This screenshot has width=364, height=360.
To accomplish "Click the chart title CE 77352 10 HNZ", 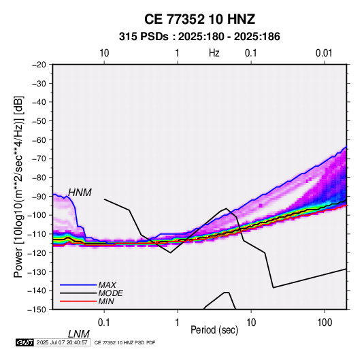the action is coord(199,19).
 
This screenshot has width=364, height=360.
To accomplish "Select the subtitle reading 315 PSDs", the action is coord(144,37).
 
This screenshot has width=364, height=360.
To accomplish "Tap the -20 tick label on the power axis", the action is coord(39,65).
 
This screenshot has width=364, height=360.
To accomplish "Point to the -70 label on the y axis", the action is coord(39,159).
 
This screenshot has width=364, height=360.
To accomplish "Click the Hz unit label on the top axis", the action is coord(214,53).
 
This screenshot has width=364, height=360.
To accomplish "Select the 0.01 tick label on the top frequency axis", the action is coord(324,53).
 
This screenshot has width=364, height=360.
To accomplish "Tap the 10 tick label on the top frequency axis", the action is coord(104,53).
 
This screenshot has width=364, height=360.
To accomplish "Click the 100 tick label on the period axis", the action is coord(325,323).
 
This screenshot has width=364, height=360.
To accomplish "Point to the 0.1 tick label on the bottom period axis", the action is coord(104,323).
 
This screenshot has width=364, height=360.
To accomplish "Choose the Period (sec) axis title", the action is coord(214,329).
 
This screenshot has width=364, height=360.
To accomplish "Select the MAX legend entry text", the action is coord(107,284).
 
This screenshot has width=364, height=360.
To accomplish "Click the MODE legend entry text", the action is coord(110,293).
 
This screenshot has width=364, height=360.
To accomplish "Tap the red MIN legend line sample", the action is coord(78,301).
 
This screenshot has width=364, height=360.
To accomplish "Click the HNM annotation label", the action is coord(80,193).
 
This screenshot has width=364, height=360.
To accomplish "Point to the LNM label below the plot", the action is coord(79,334).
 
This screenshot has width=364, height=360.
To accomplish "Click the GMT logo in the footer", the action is coord(24,342).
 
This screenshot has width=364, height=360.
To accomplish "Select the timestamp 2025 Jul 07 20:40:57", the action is coord(62,342).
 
